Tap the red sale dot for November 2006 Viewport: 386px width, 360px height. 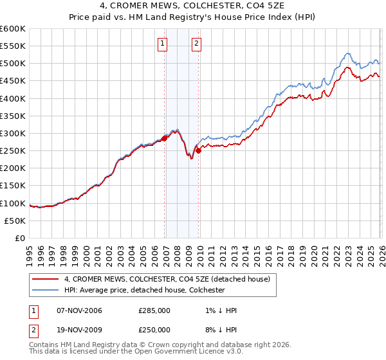click(165, 138)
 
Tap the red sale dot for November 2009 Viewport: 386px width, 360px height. click(199, 150)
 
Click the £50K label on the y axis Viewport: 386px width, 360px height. click(15, 221)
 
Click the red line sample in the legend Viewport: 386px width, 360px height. click(46, 279)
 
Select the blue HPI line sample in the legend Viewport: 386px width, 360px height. click(46, 290)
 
